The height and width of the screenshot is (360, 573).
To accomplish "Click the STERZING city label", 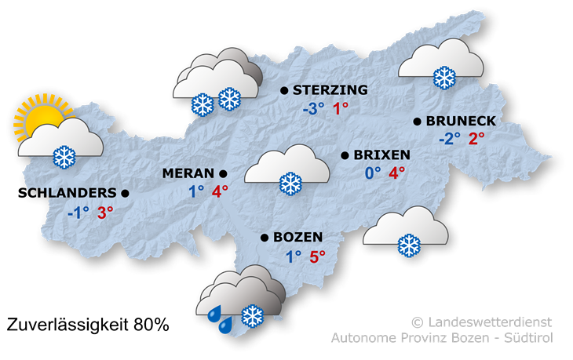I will point(324,91).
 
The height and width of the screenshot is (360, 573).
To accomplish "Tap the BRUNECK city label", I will point(461,122).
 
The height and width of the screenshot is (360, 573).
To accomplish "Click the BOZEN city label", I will point(298,237).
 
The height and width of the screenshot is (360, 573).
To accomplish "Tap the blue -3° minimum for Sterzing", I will point(312,109).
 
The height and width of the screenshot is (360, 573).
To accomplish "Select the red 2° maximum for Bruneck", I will point(476,139).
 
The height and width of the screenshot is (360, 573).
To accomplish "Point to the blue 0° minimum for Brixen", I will point(372,173).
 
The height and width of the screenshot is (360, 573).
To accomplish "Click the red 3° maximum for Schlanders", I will point(105,211).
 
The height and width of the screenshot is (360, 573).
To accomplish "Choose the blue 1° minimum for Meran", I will point(196,191).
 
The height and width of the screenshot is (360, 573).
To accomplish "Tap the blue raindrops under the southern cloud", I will point(219,318).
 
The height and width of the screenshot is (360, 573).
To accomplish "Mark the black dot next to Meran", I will point(223,173).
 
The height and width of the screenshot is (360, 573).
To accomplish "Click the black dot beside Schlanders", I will point(125,192).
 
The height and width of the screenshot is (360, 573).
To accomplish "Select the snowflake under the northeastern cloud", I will point(445,78).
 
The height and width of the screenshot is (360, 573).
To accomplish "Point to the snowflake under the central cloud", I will point(290,184).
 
